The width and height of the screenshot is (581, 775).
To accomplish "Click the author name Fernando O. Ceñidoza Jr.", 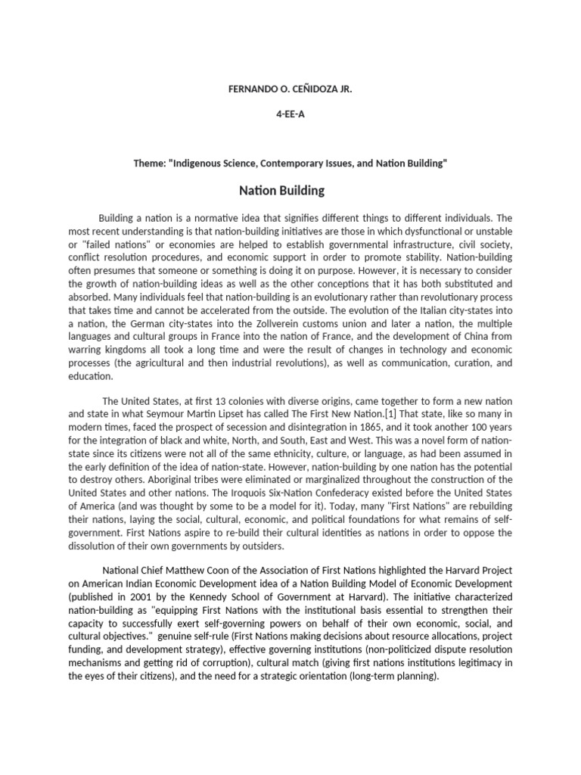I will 290,89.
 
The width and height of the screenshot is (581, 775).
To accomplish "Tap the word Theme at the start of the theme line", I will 148,164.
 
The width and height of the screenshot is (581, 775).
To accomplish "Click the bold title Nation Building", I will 290,191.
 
